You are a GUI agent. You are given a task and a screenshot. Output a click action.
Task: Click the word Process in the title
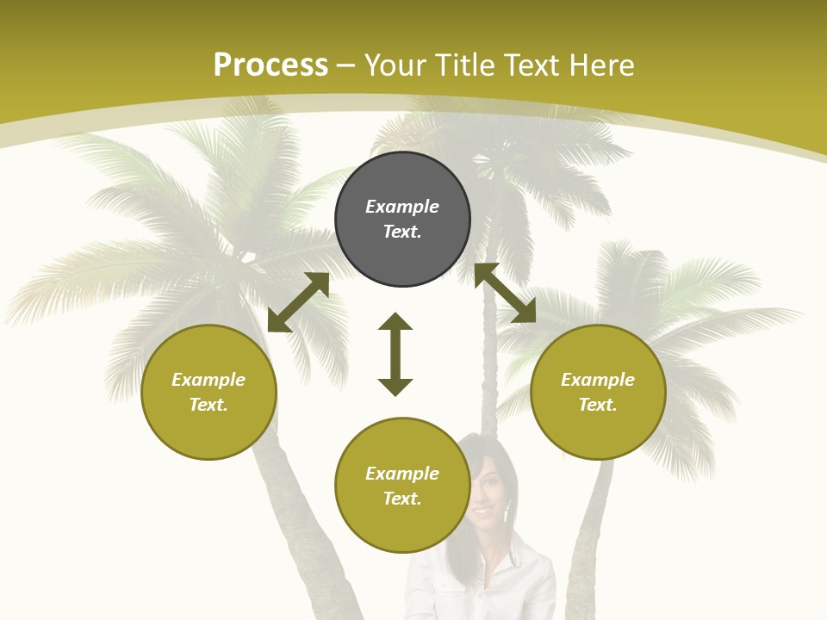pos(270,65)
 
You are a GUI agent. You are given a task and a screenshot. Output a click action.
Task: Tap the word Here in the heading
pos(600,65)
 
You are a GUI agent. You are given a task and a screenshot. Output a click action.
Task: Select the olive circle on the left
pos(208,431)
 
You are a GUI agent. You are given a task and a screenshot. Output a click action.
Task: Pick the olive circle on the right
pos(598,431)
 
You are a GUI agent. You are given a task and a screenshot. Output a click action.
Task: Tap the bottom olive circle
pos(402,525)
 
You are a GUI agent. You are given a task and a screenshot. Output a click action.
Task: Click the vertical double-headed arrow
pos(395,354)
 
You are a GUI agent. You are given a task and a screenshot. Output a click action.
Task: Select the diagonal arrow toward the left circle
pos(298,302)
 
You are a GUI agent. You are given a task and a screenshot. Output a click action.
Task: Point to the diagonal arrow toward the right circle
pos(505,293)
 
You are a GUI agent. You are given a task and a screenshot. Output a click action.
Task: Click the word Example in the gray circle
pos(402,207)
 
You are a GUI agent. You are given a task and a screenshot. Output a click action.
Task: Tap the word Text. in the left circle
pos(208,405)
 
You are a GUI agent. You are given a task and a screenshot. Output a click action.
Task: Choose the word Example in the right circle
pos(598,380)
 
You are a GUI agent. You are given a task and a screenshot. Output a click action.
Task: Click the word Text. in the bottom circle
pos(402,499)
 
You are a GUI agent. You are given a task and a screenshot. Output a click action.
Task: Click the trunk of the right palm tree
pos(590,534)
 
